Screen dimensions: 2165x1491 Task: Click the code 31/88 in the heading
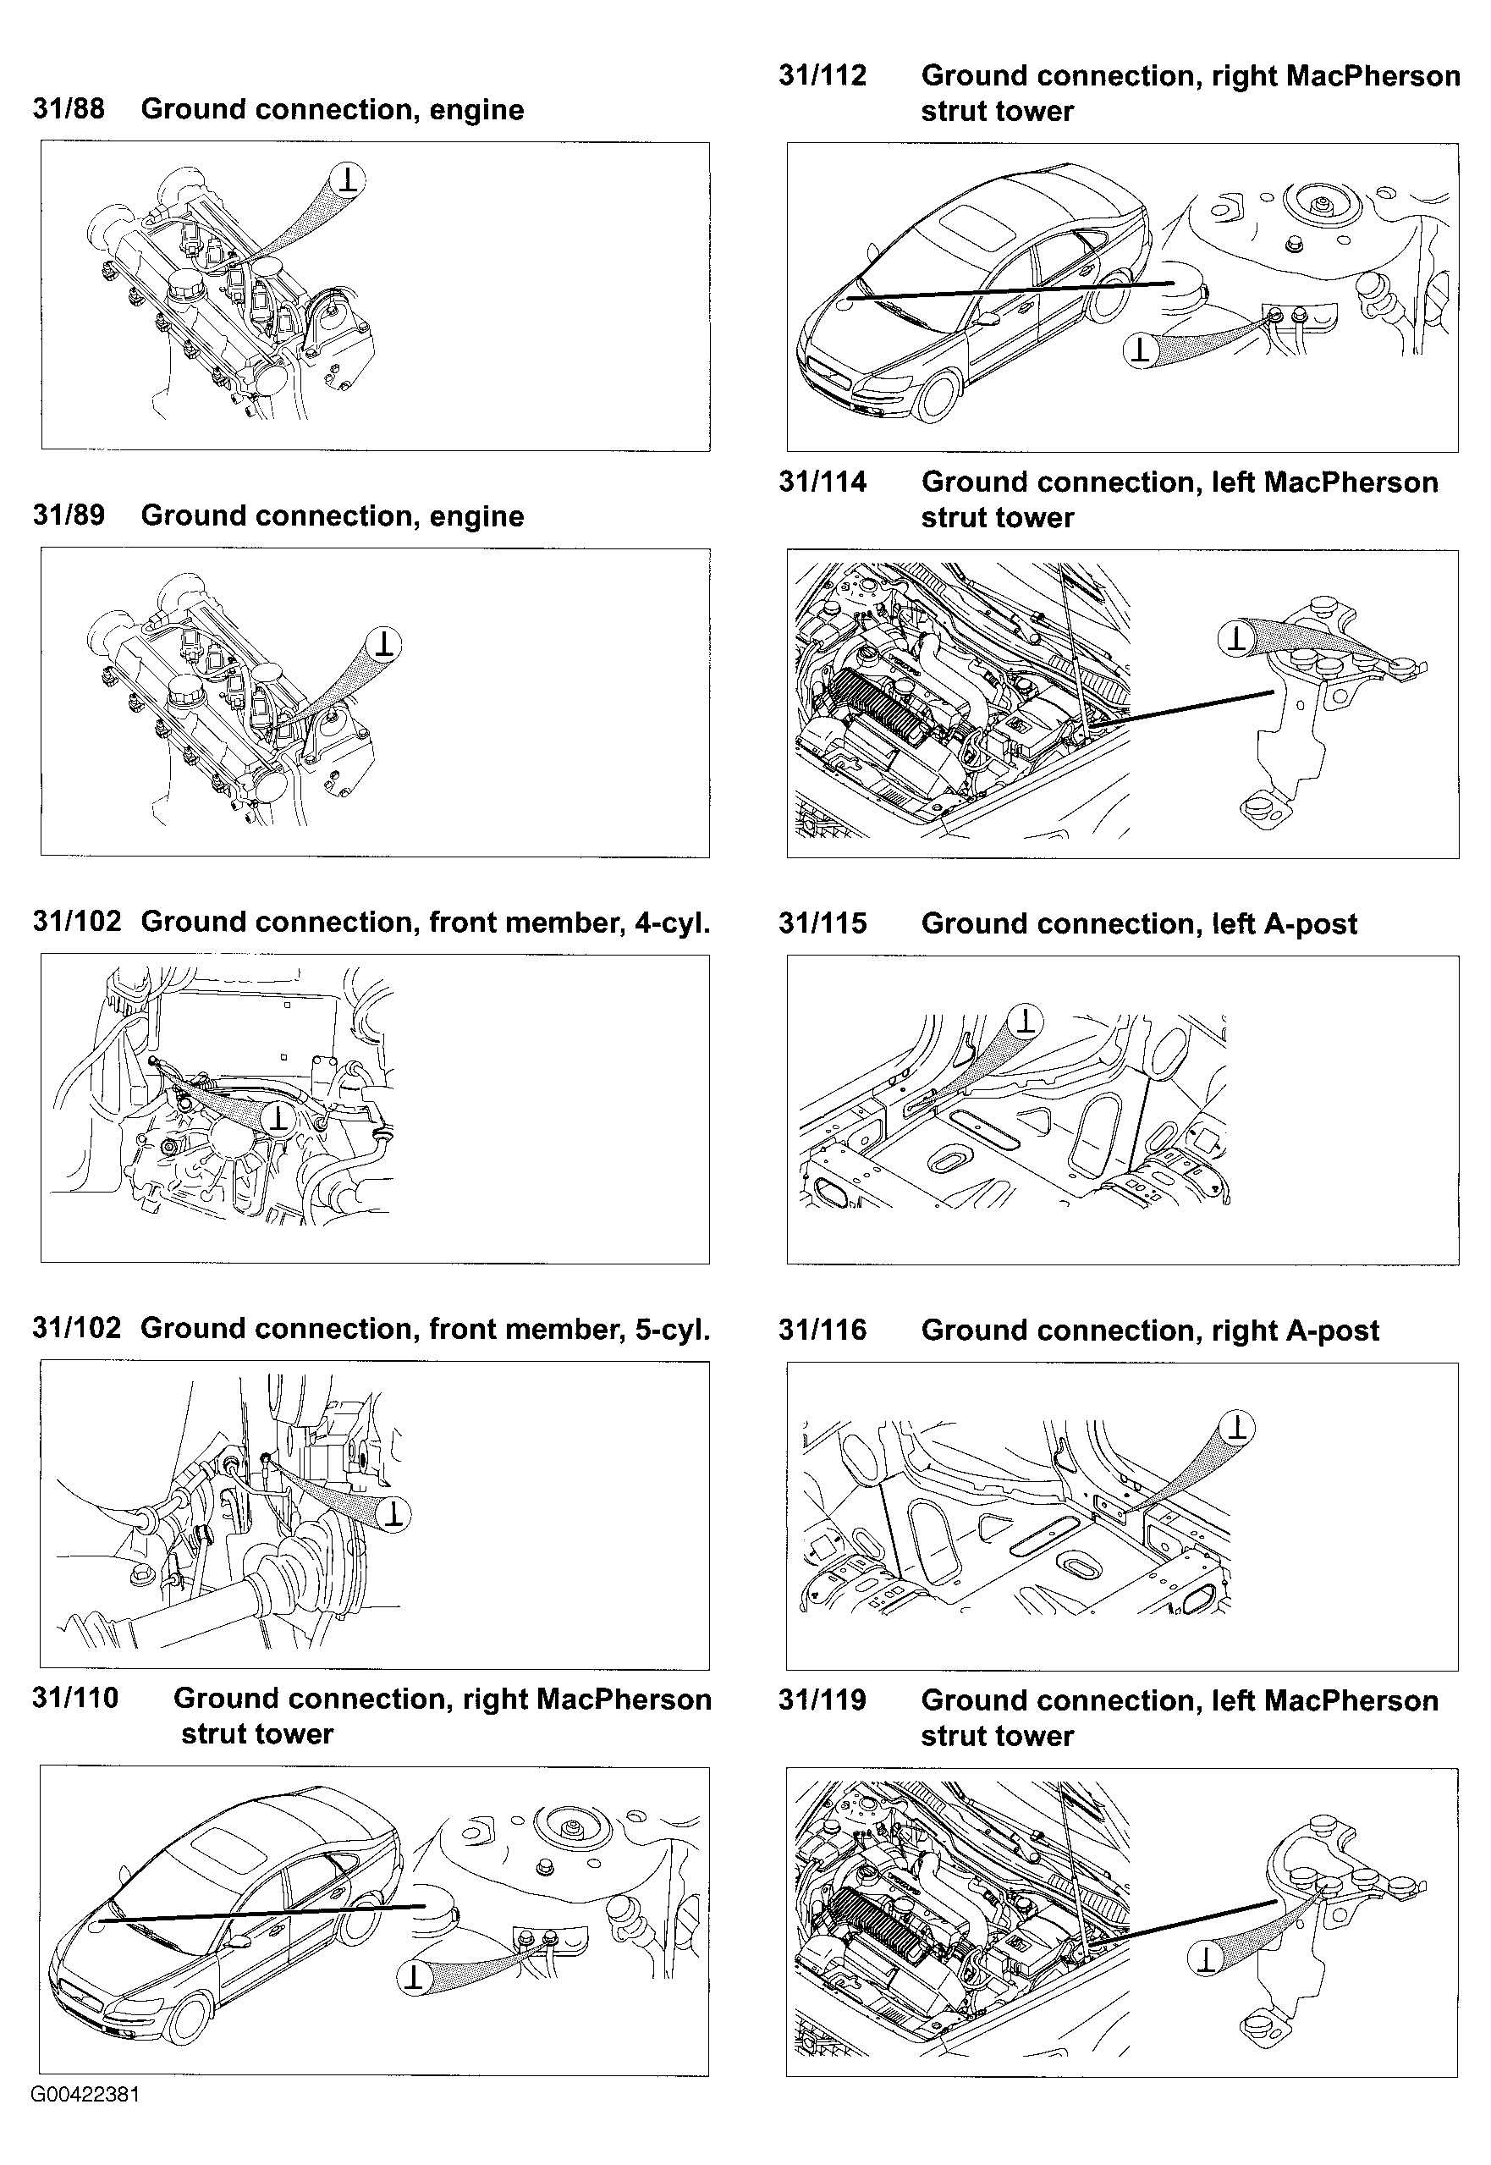point(69,108)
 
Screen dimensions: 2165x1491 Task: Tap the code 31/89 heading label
point(69,515)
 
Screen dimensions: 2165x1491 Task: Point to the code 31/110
point(74,1698)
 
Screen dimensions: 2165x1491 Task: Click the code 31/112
point(823,74)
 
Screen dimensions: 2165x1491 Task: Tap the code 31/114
point(823,482)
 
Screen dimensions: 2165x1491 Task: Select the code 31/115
point(823,923)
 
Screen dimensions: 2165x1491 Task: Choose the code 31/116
point(823,1330)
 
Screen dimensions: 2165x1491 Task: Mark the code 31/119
point(823,1699)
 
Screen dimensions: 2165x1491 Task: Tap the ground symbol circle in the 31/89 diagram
point(384,644)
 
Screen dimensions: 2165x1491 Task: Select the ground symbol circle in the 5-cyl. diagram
point(394,1514)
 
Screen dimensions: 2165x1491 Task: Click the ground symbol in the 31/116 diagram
point(1237,1428)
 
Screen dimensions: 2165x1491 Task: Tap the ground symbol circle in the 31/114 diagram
point(1237,639)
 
